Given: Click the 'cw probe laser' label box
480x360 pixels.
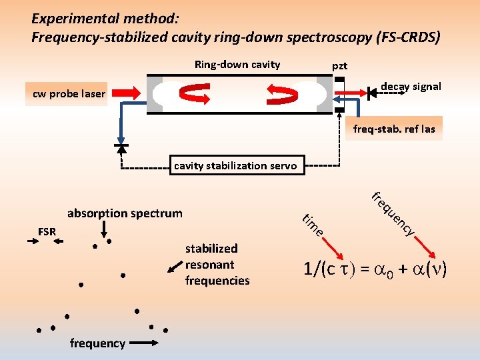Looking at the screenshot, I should tap(69, 94).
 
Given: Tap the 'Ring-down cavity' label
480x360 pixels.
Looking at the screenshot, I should tap(237, 65).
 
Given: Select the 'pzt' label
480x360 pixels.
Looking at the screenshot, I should tap(339, 66).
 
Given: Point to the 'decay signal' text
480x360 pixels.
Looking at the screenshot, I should tap(410, 87).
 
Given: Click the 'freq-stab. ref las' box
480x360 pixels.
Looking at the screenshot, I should tap(393, 129).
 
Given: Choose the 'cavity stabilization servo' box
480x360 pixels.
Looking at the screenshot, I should tap(235, 166).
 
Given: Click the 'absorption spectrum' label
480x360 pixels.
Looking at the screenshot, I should tap(125, 213).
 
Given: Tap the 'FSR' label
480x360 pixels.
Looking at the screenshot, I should tap(47, 232).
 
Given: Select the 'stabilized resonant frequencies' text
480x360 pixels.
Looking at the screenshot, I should tap(217, 265).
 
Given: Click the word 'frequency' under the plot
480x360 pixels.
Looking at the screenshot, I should tap(97, 343).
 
